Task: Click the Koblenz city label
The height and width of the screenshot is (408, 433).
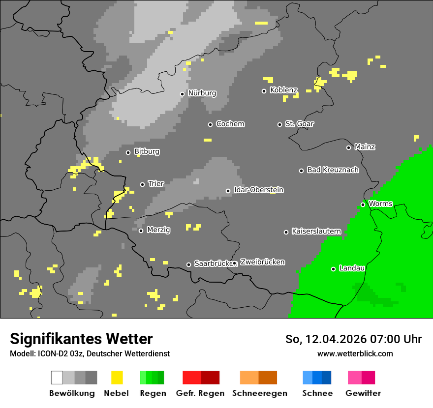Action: [283, 90]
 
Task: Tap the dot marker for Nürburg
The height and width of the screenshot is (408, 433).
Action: [182, 94]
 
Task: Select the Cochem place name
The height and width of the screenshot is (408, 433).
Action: [230, 124]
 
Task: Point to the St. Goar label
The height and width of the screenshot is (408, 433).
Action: [299, 124]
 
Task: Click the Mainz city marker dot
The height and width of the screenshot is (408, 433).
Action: [348, 147]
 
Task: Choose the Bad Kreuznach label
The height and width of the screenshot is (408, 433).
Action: [333, 170]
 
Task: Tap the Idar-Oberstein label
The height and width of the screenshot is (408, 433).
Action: [258, 190]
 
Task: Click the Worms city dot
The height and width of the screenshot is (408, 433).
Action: [363, 204]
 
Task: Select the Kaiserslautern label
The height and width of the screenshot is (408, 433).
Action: [316, 231]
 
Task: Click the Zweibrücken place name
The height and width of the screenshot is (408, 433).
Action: [262, 262]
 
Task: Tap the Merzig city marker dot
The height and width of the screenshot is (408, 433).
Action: [141, 231]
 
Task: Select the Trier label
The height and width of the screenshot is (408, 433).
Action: [156, 184]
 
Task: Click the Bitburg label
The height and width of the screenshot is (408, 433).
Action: [147, 152]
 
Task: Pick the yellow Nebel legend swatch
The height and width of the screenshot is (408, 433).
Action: [117, 378]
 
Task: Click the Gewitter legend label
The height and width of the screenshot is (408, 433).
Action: [363, 393]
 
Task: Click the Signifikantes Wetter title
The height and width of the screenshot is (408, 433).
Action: [81, 339]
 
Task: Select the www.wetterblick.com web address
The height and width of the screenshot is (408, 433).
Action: [355, 353]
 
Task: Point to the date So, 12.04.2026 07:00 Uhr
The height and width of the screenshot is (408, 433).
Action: [353, 339]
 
